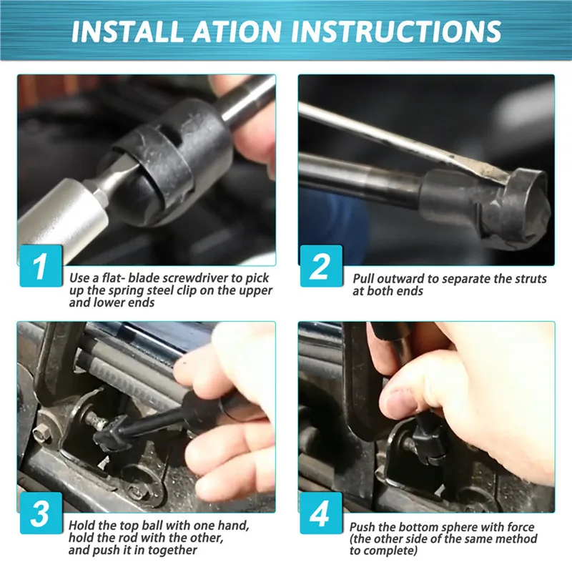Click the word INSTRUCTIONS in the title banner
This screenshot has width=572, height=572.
coord(395,31)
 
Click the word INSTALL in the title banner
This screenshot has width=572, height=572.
coord(127,31)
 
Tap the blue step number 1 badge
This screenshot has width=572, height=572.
coord(41,265)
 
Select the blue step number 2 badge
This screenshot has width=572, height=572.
coord(321,265)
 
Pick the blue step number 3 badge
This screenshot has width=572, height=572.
coord(41,513)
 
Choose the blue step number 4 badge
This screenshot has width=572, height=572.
coord(321,513)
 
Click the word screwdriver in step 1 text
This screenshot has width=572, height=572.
coord(194,278)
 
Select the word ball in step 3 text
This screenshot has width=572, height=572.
coord(152,526)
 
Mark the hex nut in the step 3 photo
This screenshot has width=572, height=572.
coord(39,434)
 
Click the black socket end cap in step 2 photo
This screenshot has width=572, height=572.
coord(515,209)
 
